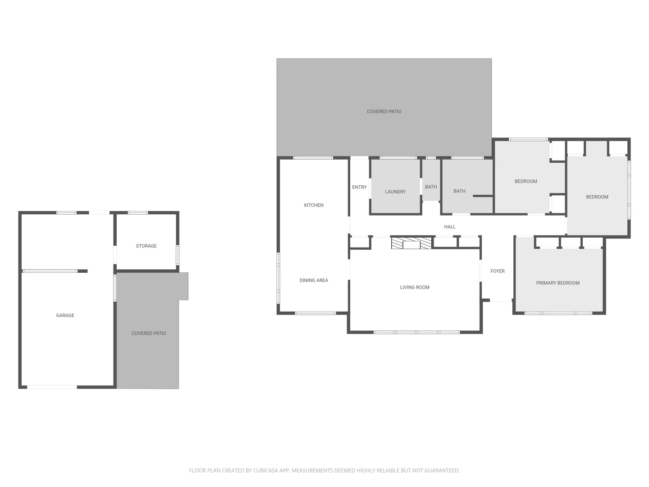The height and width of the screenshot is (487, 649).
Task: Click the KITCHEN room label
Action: coord(314,205)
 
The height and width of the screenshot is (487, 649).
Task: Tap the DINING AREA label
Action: coord(314,280)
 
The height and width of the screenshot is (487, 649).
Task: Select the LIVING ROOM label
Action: coord(415,287)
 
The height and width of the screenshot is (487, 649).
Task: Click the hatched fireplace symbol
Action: coord(411,243)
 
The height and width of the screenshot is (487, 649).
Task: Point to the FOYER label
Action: coord(498,271)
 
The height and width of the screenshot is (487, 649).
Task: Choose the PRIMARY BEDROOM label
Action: coord(558,283)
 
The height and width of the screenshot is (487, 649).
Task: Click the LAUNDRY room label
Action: coord(395,192)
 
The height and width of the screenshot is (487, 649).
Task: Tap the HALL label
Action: coord(450,227)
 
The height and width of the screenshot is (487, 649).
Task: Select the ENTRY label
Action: coord(359,187)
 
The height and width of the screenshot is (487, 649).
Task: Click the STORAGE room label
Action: coord(146,246)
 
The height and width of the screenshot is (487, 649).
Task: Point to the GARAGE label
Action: coord(65,316)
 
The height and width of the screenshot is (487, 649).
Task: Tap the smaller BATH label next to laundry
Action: coord(431,187)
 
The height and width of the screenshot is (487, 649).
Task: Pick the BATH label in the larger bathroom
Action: coord(459,191)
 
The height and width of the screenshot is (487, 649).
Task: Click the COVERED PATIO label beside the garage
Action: coord(149,333)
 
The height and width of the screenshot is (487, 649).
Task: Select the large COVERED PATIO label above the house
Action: coord(384,111)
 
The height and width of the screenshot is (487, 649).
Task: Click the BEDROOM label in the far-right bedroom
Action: coord(597,197)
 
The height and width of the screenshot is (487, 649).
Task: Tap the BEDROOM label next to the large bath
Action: coord(526,181)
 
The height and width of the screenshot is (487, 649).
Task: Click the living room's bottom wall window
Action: coord(416,332)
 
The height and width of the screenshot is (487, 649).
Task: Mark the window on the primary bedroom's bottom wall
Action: coord(558,313)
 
